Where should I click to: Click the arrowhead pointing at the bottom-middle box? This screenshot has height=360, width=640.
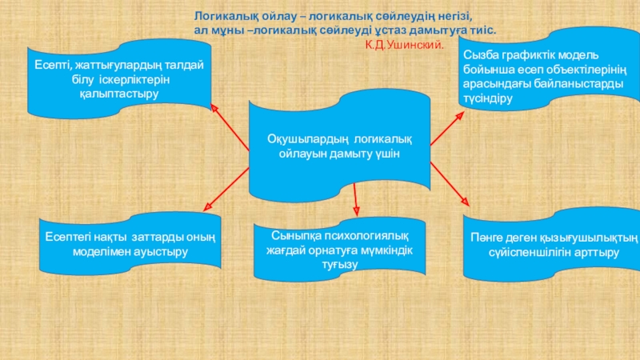click(x=356, y=213)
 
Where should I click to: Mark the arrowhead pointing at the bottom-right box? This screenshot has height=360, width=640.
click(x=466, y=202)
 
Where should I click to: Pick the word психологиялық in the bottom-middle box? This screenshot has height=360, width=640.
click(x=362, y=238)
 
